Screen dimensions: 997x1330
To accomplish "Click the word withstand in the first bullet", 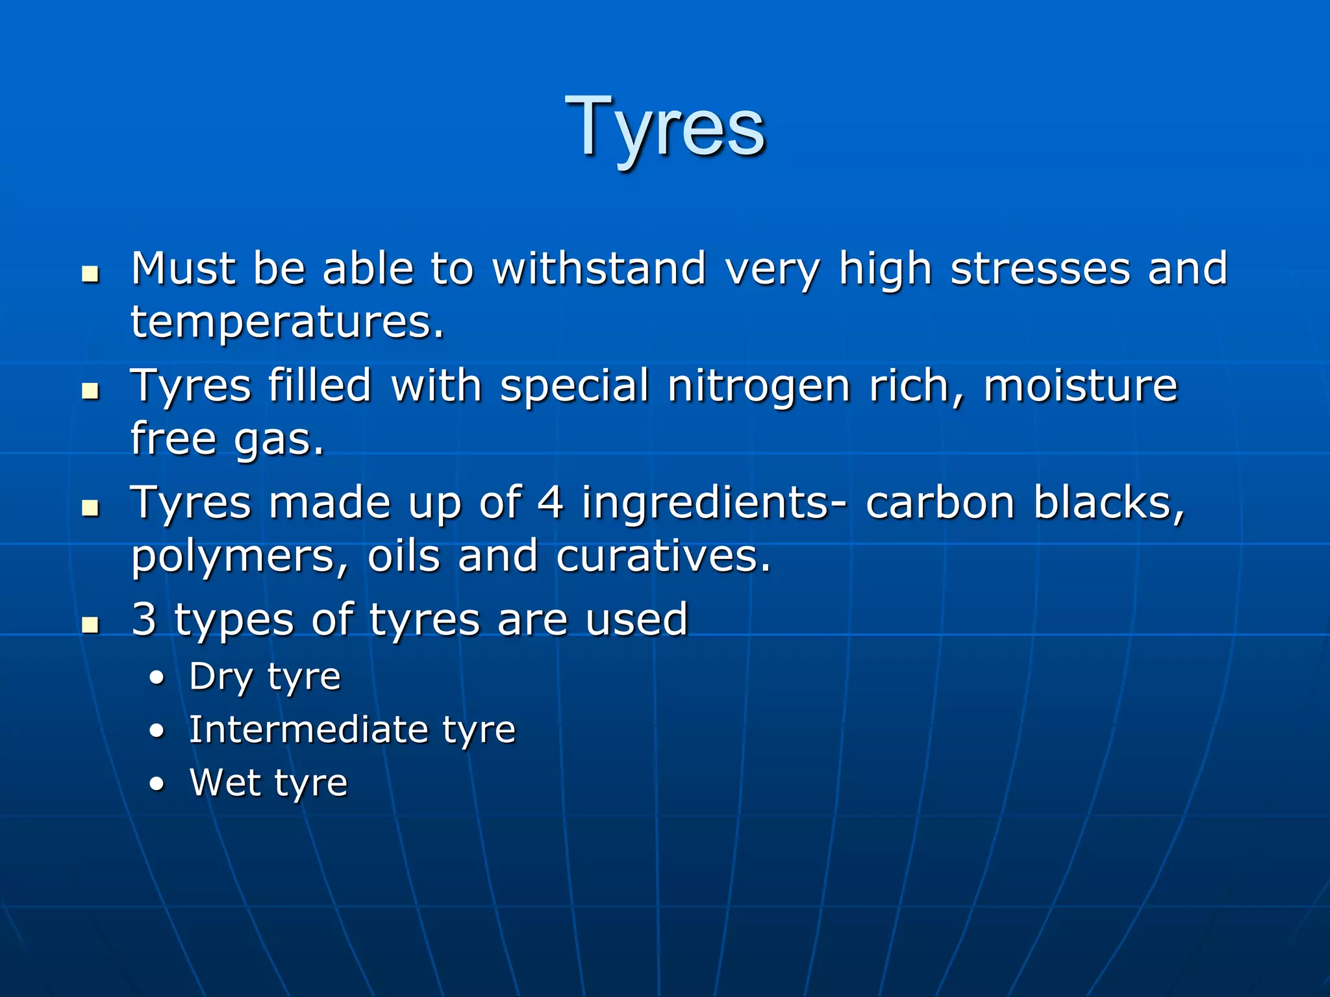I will (599, 268).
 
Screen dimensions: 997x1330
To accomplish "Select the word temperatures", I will (287, 323).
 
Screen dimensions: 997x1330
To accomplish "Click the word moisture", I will (1080, 386).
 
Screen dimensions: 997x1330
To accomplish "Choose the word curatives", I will (663, 556).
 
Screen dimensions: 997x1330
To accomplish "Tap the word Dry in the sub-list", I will (221, 678).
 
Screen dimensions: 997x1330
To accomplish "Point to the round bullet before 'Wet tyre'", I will (157, 785).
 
